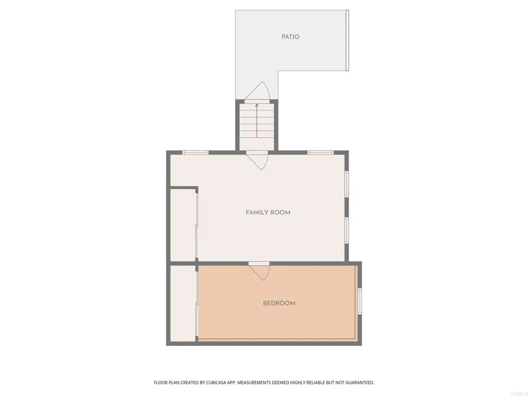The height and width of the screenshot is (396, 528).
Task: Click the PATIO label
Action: click(290, 37)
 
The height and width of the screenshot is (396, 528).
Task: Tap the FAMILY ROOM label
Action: click(268, 212)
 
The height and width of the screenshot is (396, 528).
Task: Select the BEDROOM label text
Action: click(279, 303)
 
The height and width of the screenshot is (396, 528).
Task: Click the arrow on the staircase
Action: click(257, 120)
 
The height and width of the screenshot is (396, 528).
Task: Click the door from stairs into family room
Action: click(257, 160)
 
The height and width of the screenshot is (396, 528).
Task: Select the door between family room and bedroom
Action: click(259, 271)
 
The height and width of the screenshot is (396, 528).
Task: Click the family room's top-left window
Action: click(196, 152)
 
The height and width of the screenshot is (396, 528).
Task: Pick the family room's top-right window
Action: click(321, 152)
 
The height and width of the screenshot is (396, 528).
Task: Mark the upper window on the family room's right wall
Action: click(347, 184)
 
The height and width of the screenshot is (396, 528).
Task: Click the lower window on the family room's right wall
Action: click(347, 230)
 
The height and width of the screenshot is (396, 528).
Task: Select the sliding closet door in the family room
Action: click(196, 225)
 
